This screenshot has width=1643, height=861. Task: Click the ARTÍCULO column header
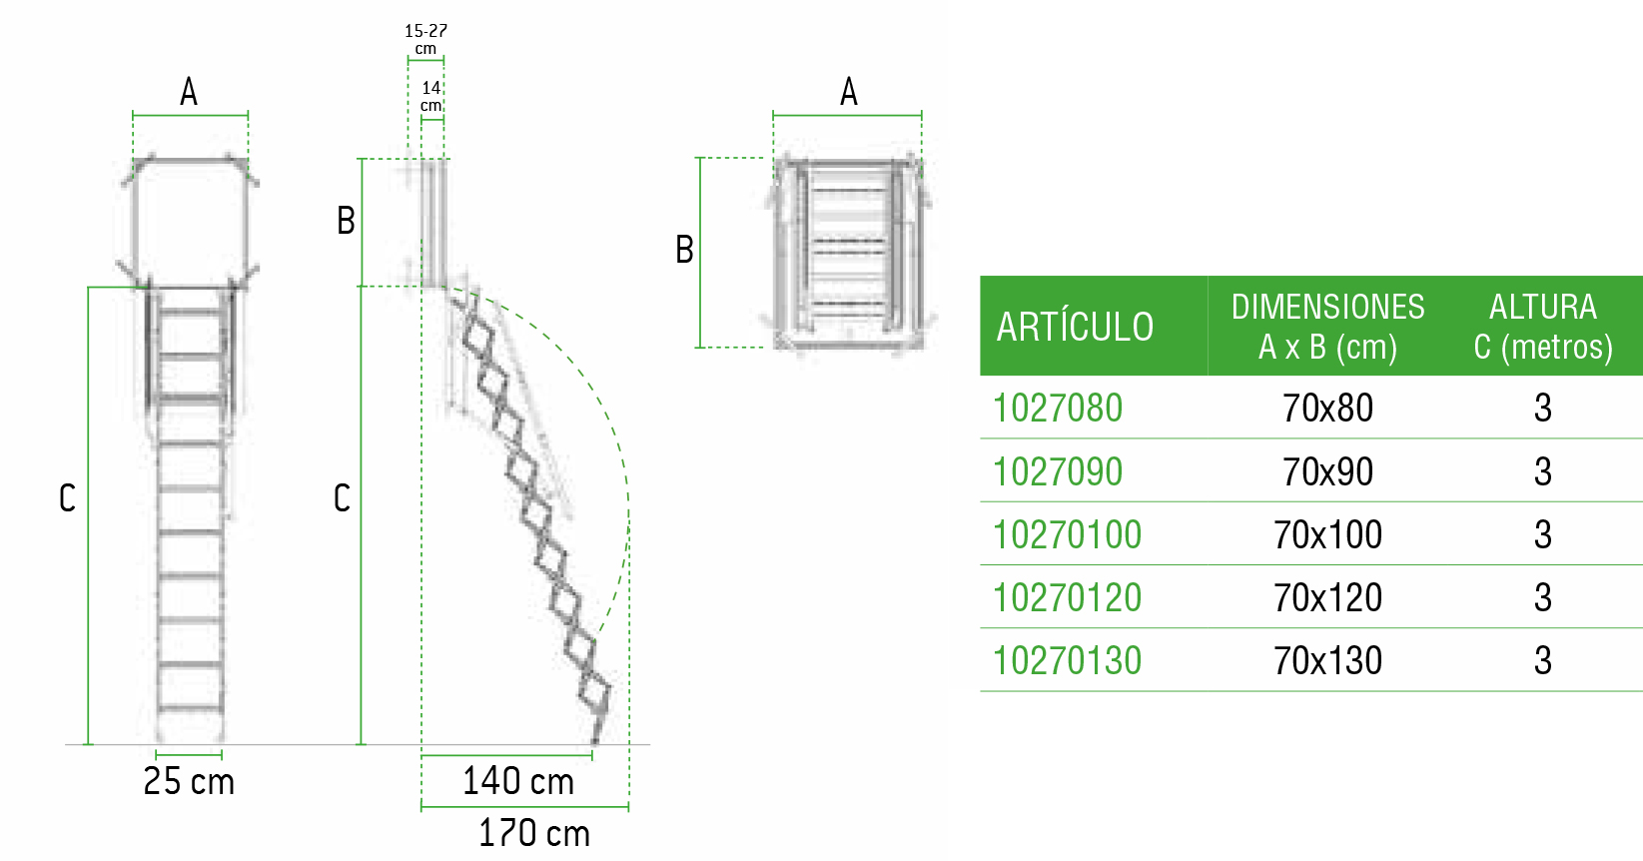point(1075,327)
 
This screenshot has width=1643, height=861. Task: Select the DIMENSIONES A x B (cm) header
point(1327,327)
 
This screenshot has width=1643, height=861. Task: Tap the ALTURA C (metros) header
point(1543,327)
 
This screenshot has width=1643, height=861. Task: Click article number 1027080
point(1057,408)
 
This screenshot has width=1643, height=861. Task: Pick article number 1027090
point(1057,471)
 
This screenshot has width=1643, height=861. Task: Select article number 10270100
point(1067,534)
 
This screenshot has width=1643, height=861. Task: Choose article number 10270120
point(1067,597)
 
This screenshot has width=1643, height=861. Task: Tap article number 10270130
point(1067,661)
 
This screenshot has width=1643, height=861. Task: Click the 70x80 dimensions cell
point(1327,408)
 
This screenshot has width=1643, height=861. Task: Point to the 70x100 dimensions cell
point(1327,534)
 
